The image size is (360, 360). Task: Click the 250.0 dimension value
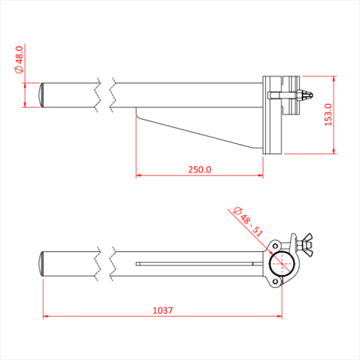click(x=200, y=169)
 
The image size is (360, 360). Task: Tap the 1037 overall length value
click(x=163, y=310)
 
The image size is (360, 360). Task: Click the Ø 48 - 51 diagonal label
click(x=248, y=221)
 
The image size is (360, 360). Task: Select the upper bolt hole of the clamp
click(x=275, y=246)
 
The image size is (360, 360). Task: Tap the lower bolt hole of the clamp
click(x=275, y=280)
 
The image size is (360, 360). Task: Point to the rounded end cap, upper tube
click(x=42, y=95)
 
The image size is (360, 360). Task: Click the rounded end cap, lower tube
click(x=42, y=263)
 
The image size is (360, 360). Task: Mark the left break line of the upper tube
click(x=98, y=95)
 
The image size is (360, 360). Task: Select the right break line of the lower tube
click(x=114, y=263)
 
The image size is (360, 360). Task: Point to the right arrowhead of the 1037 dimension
click(x=280, y=316)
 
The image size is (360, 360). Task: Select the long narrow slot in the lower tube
click(x=196, y=263)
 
